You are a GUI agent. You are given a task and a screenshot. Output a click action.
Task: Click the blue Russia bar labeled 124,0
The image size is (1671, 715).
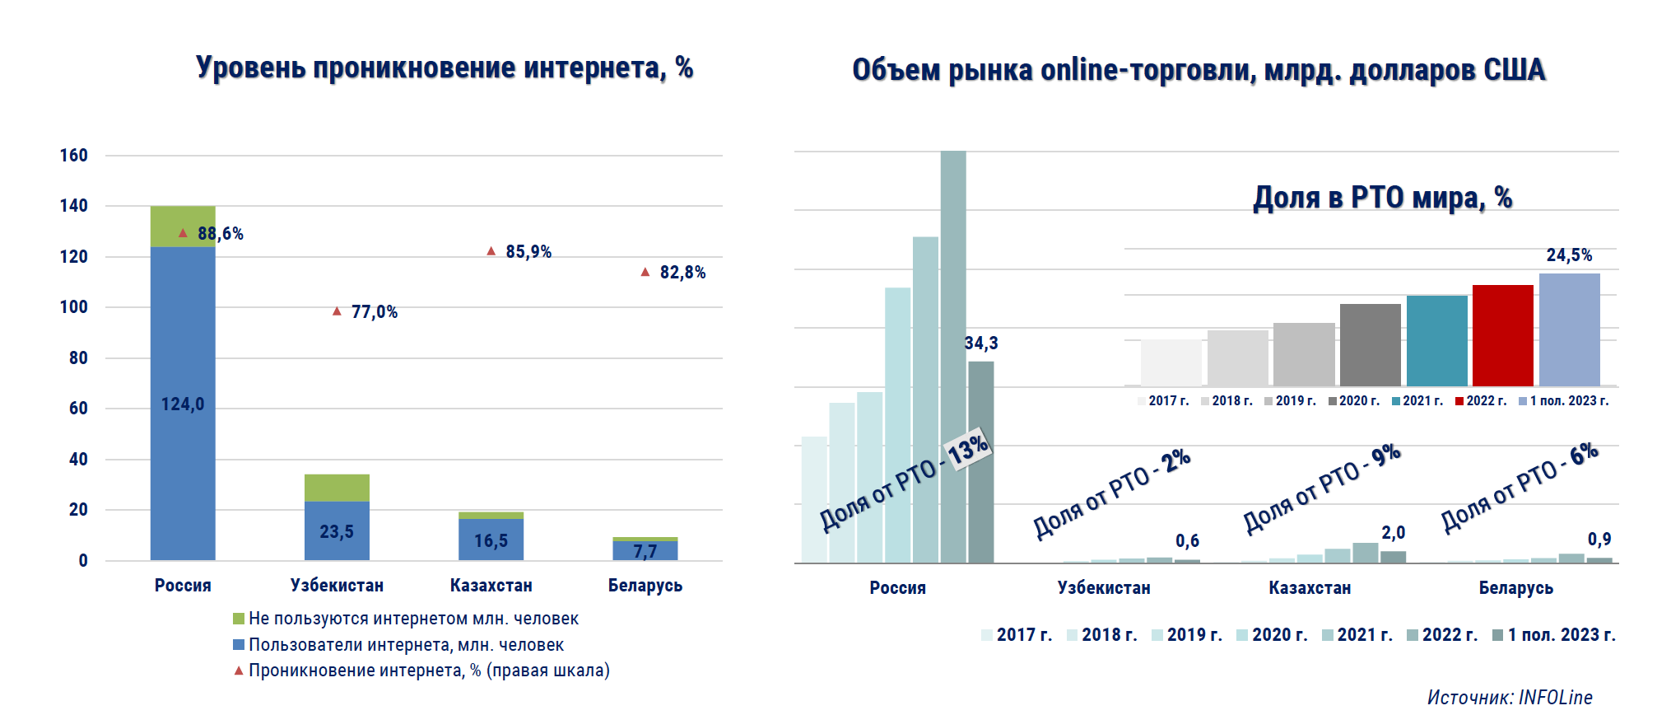(183, 404)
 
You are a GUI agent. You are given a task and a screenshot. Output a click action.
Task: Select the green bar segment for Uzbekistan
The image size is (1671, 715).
(337, 488)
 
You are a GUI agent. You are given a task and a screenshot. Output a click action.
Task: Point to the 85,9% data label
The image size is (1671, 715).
(528, 251)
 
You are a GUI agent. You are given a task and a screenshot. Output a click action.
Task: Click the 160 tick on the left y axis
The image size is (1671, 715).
(74, 156)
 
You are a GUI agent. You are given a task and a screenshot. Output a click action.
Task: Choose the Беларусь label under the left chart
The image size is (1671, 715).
(645, 586)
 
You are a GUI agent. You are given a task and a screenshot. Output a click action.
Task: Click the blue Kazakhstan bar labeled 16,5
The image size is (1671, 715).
(491, 540)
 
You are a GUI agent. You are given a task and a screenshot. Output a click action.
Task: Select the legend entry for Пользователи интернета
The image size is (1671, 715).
(406, 644)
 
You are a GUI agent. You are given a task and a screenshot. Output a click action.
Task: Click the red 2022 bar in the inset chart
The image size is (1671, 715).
(1502, 335)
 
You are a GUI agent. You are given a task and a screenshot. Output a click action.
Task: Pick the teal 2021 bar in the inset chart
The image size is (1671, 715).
(1436, 340)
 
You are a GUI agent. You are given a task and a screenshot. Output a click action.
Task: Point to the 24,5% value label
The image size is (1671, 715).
(1569, 255)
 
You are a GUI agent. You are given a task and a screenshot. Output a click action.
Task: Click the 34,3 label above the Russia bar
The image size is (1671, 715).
(981, 343)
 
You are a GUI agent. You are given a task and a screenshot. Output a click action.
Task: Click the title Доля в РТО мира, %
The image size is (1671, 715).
(1382, 198)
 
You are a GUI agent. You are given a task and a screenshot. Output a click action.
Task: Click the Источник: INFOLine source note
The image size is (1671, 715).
(1510, 698)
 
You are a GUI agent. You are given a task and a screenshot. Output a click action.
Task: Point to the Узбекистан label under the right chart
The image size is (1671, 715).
(1104, 588)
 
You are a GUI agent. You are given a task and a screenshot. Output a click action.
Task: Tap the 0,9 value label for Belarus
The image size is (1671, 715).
(1599, 540)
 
